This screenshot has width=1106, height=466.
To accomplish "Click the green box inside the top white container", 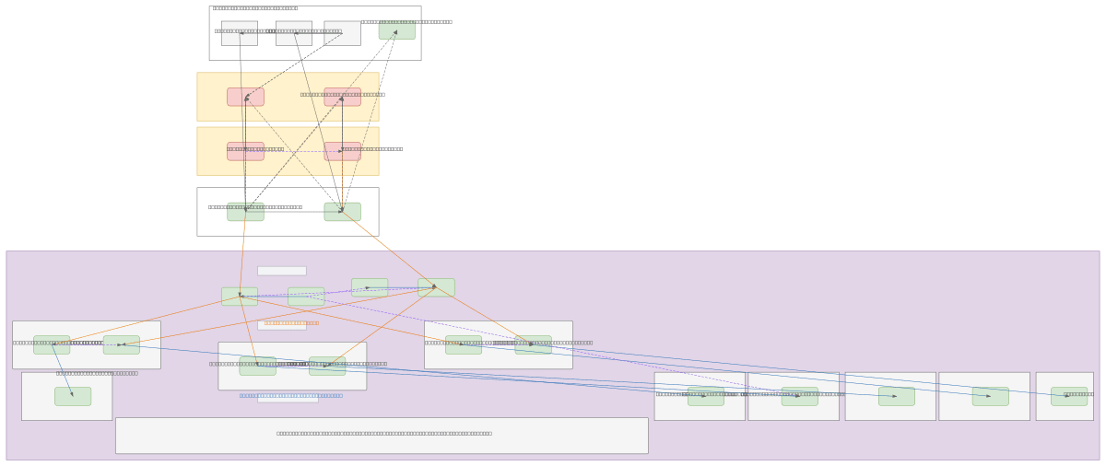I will tap(396, 30).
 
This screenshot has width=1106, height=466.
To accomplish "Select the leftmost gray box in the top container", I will tap(239, 34).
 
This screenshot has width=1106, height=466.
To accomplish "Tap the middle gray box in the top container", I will tap(293, 34).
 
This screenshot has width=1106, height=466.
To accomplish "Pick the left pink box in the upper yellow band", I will tap(245, 97).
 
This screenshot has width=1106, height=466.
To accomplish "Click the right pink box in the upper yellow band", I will tap(342, 97).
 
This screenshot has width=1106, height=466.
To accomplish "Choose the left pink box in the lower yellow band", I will tap(245, 152).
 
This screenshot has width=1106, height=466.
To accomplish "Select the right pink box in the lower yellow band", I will tap(342, 152).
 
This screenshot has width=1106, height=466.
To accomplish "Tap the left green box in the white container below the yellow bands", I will tap(245, 212).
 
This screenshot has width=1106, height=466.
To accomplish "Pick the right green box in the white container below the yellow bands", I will tap(342, 212).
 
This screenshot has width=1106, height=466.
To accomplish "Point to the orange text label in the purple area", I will tap(291, 323).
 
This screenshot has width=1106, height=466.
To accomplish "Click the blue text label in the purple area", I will tap(290, 396).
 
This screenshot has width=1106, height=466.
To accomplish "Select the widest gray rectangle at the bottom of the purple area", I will tap(382, 436).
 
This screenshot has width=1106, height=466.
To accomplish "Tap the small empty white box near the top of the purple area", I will tap(281, 271).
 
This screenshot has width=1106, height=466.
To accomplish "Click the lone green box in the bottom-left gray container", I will tap(73, 396).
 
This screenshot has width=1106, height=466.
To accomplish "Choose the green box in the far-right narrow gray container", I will tap(1069, 396).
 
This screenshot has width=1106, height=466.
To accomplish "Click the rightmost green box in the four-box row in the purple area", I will tap(436, 287).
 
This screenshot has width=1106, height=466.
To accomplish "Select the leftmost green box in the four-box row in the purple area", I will tap(240, 297).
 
